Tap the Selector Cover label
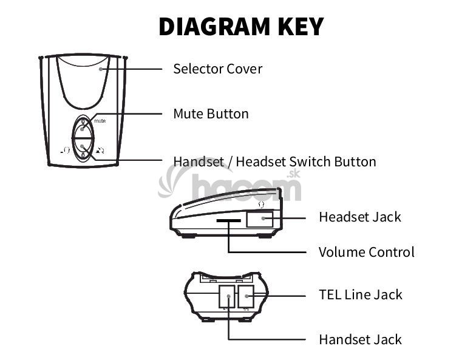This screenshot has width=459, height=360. click(217, 69)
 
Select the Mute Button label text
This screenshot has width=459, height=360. click(211, 114)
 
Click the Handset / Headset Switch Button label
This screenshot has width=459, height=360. click(274, 161)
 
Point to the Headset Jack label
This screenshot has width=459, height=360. click(360, 217)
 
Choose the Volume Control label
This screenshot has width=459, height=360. click(367, 252)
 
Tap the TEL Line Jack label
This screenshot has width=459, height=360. click(361, 295)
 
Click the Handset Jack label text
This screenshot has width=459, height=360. click(360, 339)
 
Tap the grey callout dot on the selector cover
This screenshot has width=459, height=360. click(101, 69)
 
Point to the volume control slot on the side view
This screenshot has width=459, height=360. click(229, 222)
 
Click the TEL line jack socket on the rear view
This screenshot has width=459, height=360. click(246, 297)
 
